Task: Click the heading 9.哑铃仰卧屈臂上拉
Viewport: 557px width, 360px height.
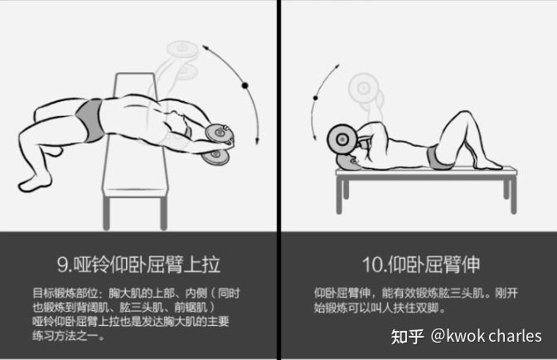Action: point(138,265)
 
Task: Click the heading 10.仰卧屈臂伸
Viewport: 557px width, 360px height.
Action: point(421,265)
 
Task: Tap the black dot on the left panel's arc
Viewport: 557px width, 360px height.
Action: point(245,85)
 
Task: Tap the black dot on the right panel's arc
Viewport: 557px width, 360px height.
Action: point(316,98)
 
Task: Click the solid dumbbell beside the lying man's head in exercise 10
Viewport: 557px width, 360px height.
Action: point(341,139)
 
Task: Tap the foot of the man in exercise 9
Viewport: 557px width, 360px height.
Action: point(35,183)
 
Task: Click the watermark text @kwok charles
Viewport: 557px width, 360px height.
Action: point(487,336)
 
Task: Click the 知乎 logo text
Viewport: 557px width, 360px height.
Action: point(407,336)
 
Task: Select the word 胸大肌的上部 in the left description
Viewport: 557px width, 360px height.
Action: point(142,293)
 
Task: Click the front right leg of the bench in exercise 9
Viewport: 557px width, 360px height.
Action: point(163,213)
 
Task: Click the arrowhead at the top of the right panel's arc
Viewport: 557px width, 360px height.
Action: point(337,66)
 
